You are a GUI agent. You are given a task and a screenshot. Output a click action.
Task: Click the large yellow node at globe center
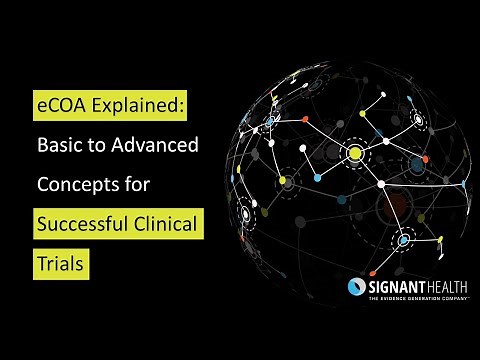[353, 153]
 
